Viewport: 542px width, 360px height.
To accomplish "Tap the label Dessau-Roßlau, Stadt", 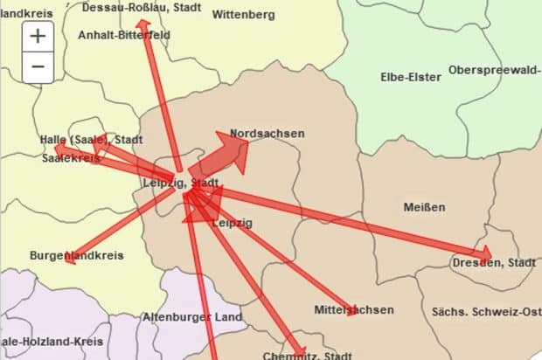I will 141,7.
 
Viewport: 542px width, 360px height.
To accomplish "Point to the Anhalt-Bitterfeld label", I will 124,35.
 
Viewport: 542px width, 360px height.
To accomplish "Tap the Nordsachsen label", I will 267,134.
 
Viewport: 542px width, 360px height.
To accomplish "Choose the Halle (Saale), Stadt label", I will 91,140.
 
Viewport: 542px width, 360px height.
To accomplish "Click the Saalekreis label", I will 70,159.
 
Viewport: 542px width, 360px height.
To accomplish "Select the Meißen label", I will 424,207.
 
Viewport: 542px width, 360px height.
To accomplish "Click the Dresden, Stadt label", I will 494,262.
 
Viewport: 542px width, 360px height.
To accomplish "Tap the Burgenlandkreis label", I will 77,256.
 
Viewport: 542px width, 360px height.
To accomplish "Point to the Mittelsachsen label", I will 353,310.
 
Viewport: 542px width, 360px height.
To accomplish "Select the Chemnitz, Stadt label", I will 308,356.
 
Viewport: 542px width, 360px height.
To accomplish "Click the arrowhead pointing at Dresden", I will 483,259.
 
